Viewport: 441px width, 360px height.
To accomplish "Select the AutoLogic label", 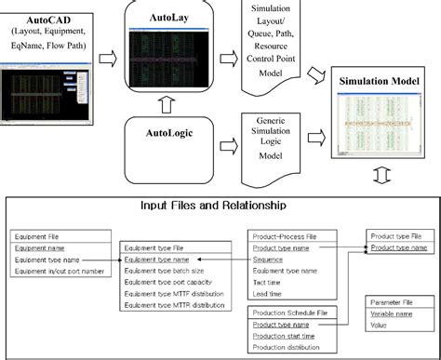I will click(x=171, y=135).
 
